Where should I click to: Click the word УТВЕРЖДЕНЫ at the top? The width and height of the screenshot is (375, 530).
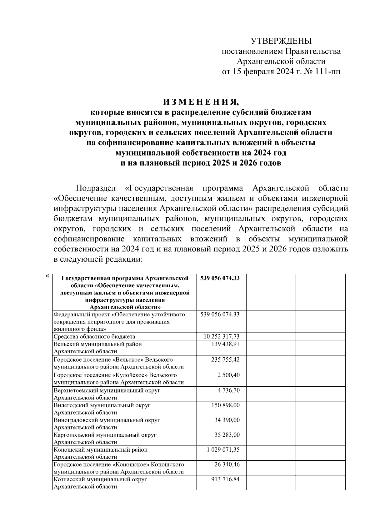tap(281, 41)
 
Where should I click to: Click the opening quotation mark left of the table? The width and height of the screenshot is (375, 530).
tap(47, 276)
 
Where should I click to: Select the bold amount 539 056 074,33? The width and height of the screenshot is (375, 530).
tap(220, 278)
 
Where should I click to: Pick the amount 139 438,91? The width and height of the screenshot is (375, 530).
tap(226, 344)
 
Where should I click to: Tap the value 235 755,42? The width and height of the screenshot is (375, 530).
tap(226, 359)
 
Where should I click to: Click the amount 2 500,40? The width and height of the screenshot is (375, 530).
tap(229, 375)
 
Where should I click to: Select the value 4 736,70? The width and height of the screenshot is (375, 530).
tap(229, 390)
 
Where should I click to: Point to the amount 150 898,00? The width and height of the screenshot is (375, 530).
tap(226, 405)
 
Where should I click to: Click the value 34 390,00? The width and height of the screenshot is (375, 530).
tap(227, 420)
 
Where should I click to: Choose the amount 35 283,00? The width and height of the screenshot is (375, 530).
tap(227, 435)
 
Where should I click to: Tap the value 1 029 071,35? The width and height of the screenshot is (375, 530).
tap(223, 450)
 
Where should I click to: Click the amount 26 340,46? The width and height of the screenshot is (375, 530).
tap(227, 464)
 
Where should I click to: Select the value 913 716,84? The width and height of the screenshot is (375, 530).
tap(226, 479)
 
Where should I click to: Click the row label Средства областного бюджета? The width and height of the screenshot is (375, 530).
tap(94, 336)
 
